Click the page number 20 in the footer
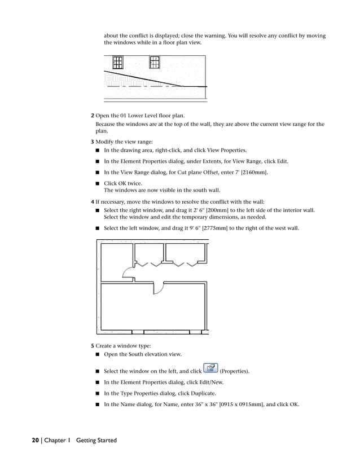pyautogui.click(x=35, y=440)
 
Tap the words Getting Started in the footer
pyautogui.click(x=96, y=440)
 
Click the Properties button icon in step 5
pyautogui.click(x=209, y=370)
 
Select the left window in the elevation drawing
pyautogui.click(x=117, y=62)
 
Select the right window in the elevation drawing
pyautogui.click(x=154, y=62)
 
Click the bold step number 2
pyautogui.click(x=93, y=116)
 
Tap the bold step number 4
pyautogui.click(x=93, y=201)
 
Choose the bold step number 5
pyautogui.click(x=93, y=345)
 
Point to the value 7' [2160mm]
pyautogui.click(x=250, y=172)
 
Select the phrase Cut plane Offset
pyautogui.click(x=180, y=172)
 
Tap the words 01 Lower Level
pyautogui.click(x=139, y=116)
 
